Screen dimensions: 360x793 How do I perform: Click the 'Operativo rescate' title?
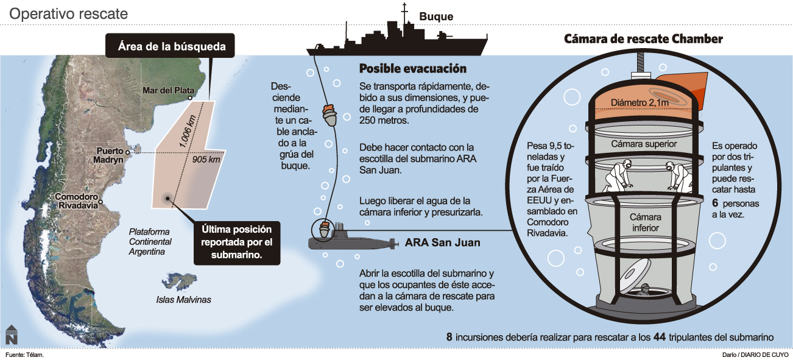point(68,13)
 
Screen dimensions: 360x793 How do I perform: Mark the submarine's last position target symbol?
point(166,198)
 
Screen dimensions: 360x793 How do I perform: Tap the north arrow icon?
point(11,335)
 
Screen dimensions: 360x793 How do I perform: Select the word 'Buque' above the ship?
point(436,16)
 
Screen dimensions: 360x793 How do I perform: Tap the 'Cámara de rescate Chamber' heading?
point(643,39)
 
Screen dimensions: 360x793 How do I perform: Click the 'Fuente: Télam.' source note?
point(25,354)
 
